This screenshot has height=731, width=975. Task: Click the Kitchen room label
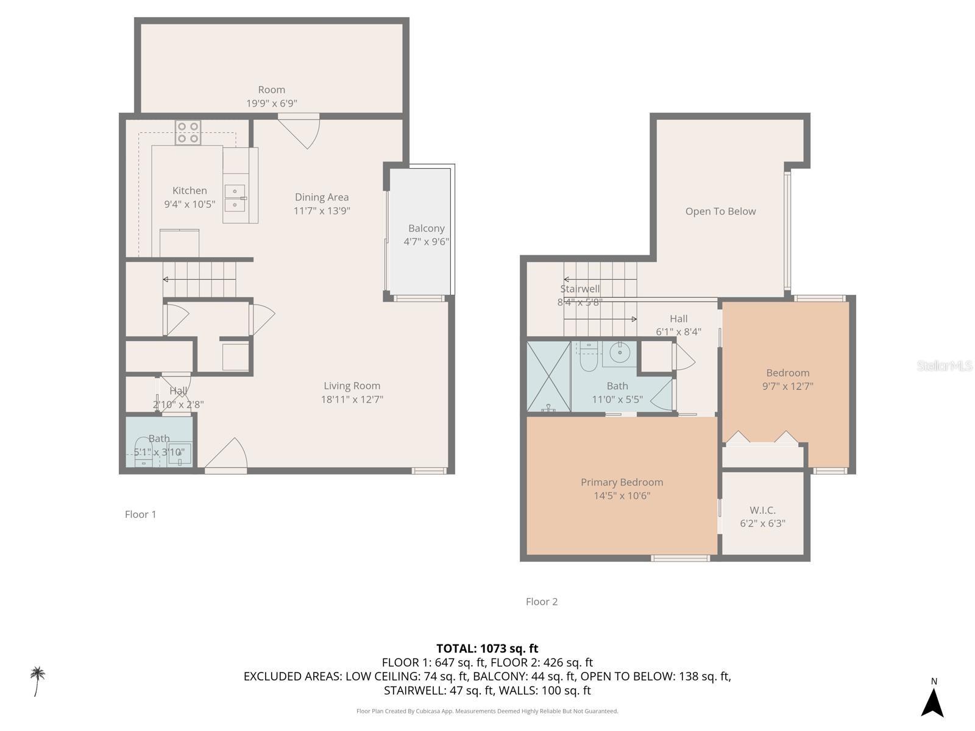pos(190,191)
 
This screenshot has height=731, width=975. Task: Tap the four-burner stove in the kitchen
pos(188,133)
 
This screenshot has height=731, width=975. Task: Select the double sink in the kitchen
pos(235,198)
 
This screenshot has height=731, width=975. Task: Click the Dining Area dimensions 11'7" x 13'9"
pos(322,211)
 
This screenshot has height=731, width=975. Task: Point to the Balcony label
pos(426,228)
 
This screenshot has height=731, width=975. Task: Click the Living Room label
pos(352,386)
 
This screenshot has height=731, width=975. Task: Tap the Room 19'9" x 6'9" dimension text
pos(271,104)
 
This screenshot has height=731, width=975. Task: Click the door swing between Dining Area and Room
pos(302,131)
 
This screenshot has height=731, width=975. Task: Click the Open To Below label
pos(720,211)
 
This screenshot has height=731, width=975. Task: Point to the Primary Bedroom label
pos(622,482)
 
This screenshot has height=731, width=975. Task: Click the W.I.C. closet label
pos(762,510)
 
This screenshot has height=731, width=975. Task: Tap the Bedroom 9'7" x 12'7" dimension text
pos(787,386)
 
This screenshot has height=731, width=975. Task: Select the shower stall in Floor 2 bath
pos(548,376)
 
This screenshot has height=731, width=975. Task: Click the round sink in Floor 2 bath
pos(620,352)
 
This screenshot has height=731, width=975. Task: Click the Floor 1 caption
pos(141,514)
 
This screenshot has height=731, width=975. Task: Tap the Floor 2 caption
pos(542,601)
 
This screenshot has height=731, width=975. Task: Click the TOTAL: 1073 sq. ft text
pos(487,648)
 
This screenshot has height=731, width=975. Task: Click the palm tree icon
pos(38,680)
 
